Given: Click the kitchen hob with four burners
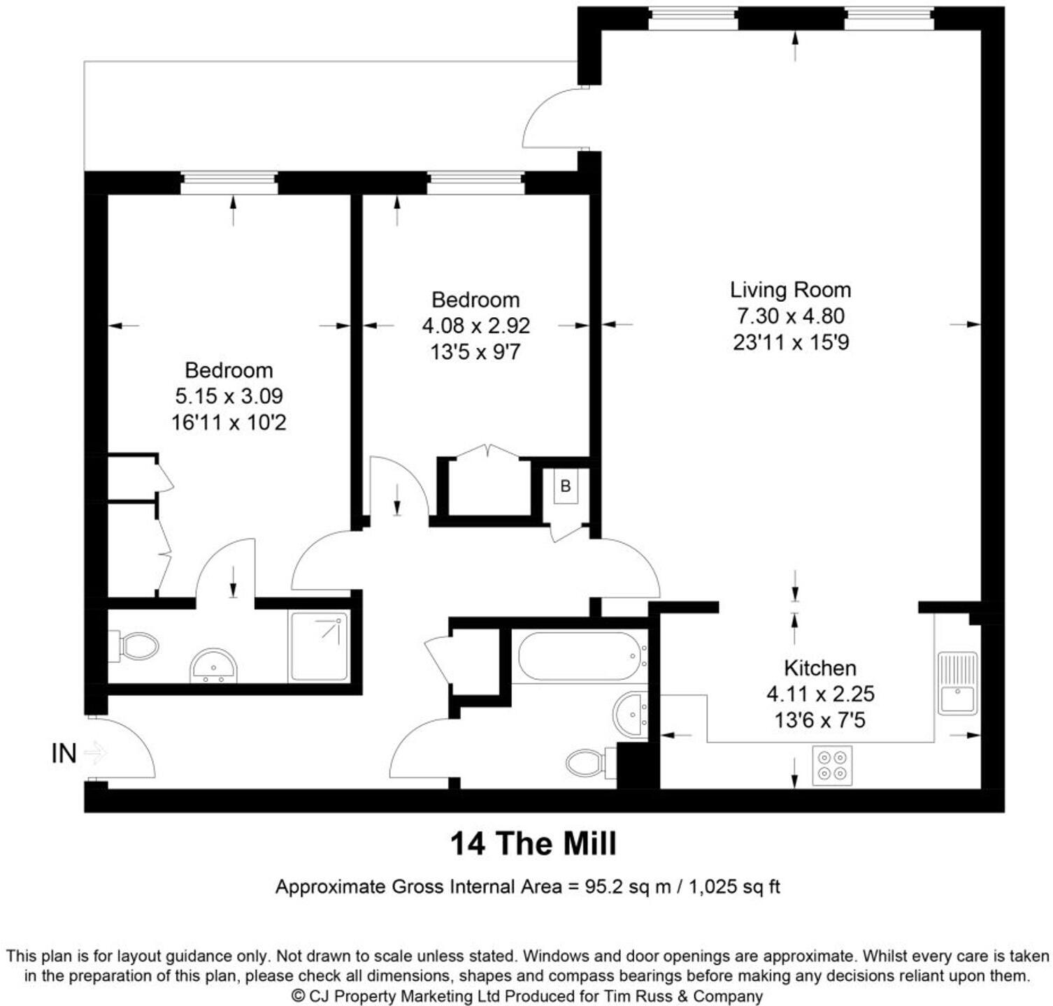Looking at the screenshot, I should (x=832, y=765).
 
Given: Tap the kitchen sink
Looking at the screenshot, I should (x=957, y=683).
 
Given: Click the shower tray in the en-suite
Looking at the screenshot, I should (x=319, y=646).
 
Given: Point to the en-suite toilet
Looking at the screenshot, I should (x=134, y=646).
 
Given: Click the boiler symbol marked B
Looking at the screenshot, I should (x=566, y=486).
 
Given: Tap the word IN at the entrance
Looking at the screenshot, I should (x=64, y=754).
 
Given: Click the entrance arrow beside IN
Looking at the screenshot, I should (x=95, y=753).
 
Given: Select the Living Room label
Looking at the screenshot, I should (x=790, y=290).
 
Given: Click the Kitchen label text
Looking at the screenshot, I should (x=819, y=669).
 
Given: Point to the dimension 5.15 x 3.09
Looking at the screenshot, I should (x=229, y=396).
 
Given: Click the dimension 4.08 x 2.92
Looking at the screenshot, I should (x=475, y=326).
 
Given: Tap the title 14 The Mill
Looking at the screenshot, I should (x=533, y=843).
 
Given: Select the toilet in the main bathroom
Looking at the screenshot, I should (x=587, y=762).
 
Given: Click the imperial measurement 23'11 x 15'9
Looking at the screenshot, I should (x=790, y=342).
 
